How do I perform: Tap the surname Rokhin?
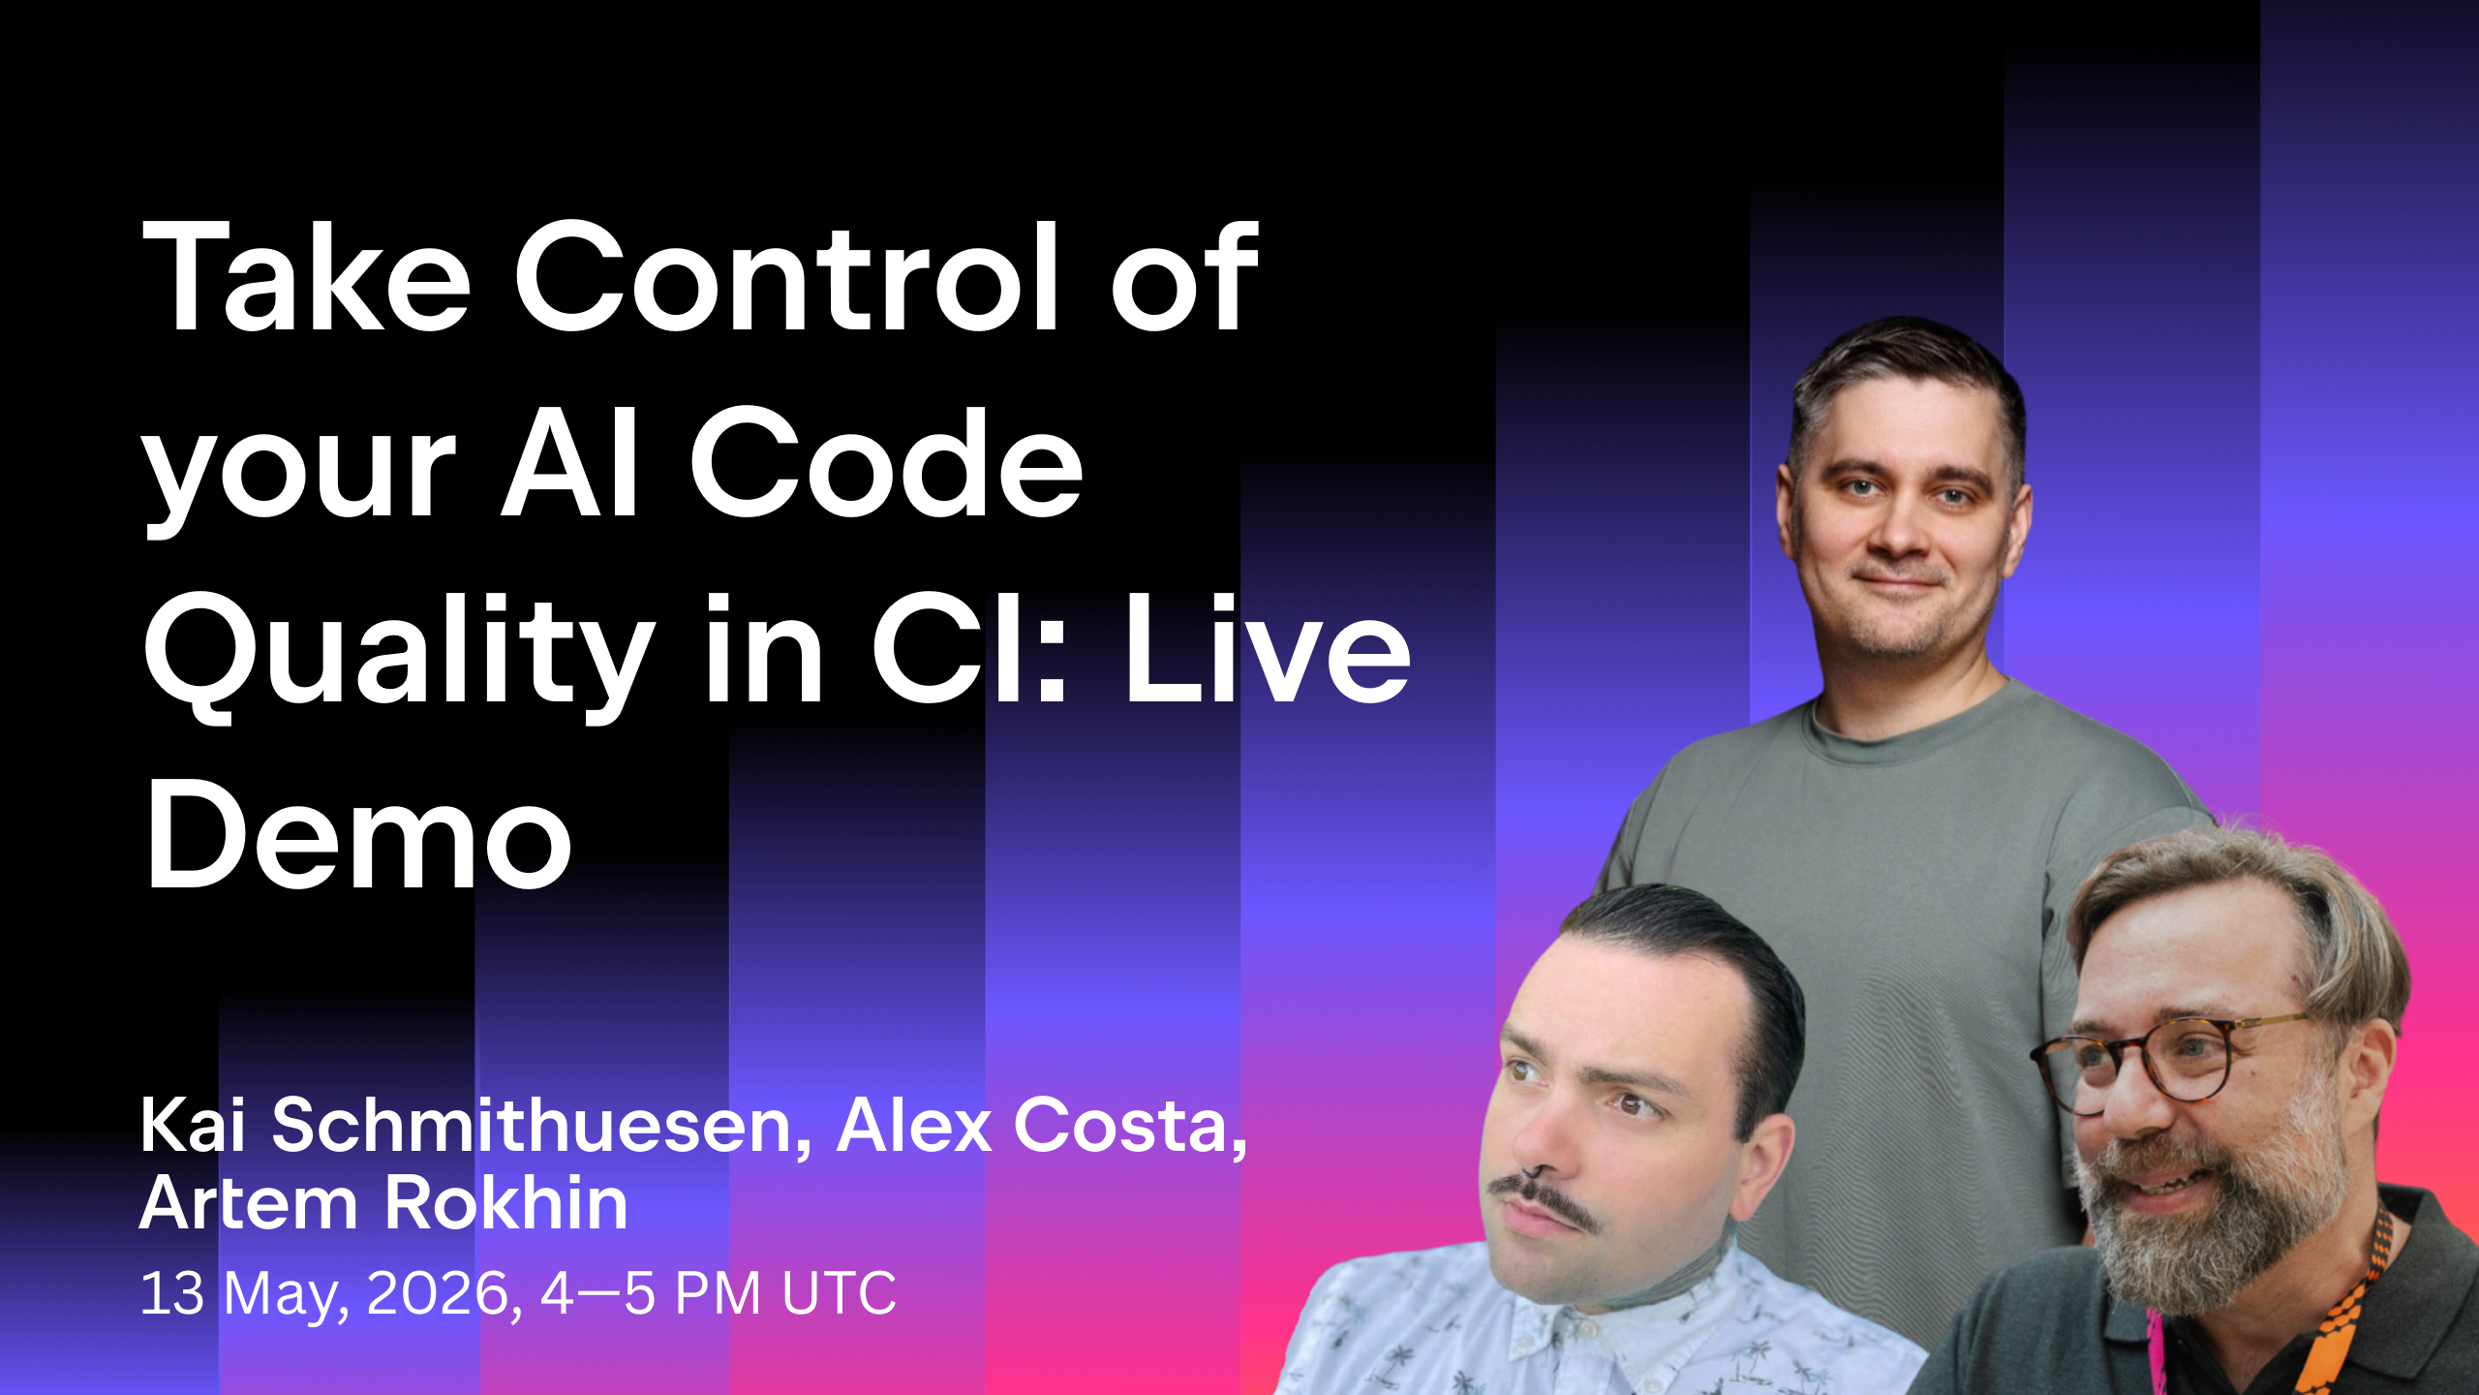[507, 1203]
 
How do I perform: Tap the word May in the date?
[285, 1294]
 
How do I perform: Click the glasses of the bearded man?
[2179, 1061]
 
